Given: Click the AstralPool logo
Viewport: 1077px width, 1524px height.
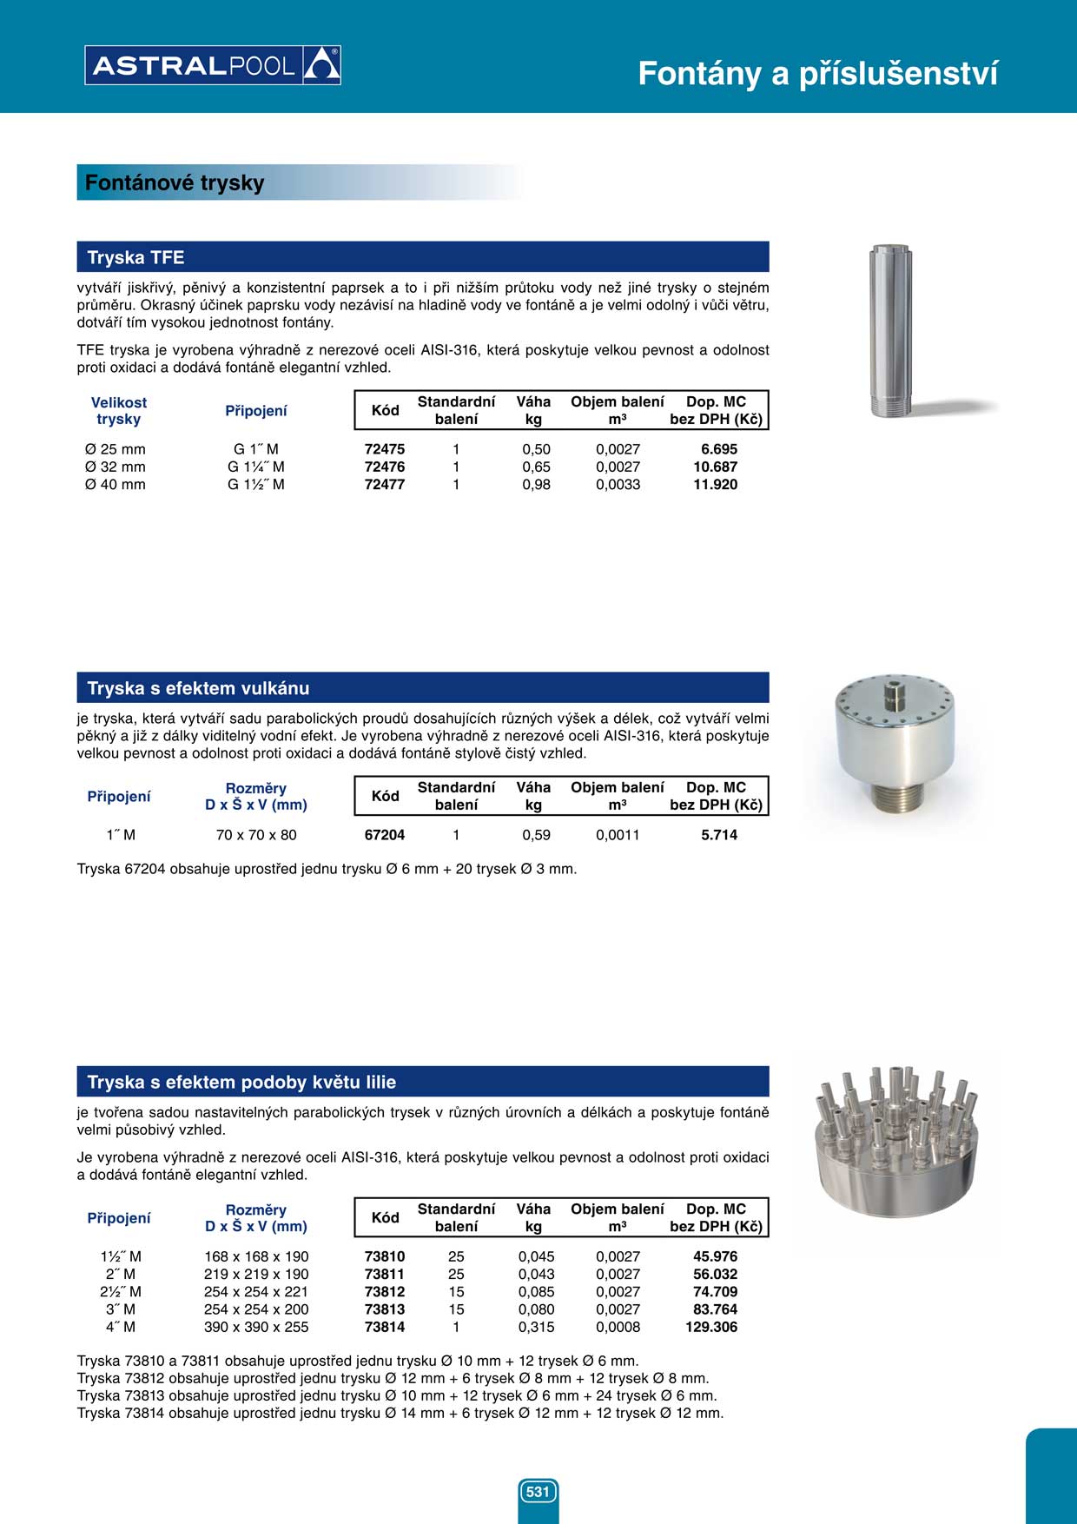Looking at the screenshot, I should tap(212, 65).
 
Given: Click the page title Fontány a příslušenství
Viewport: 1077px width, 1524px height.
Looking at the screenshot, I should tap(817, 74).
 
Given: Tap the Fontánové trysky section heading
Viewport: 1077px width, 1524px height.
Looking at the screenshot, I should tap(175, 183).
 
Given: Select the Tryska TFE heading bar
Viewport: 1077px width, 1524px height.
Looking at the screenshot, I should tap(423, 257).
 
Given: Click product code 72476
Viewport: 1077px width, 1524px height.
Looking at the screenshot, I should tap(385, 467).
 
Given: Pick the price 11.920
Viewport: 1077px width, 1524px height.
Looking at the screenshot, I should tap(715, 485).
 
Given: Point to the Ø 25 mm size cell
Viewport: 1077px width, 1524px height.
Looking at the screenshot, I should tap(116, 450).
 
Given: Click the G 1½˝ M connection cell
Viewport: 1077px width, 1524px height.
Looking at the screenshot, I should tap(256, 485).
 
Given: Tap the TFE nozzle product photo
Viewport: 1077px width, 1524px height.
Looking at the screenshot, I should tap(891, 331).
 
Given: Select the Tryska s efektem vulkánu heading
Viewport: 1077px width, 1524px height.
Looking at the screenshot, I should tap(423, 688).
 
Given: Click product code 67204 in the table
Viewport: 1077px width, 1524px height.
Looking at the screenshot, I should tap(385, 835).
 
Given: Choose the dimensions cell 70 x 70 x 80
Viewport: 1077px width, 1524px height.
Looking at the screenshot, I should tap(256, 835).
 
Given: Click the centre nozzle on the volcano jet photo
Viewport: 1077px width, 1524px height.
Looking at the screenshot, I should tap(894, 694).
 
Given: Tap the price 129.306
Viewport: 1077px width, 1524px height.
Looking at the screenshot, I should tap(711, 1327).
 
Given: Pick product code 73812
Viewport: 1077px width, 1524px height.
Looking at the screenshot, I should tap(385, 1292).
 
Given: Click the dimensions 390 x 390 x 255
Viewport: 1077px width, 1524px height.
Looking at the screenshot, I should tap(256, 1327).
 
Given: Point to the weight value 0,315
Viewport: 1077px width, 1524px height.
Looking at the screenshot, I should tap(536, 1327).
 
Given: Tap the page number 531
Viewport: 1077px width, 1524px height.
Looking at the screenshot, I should tap(538, 1492).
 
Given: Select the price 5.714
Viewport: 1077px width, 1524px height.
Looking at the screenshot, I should tap(719, 835).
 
